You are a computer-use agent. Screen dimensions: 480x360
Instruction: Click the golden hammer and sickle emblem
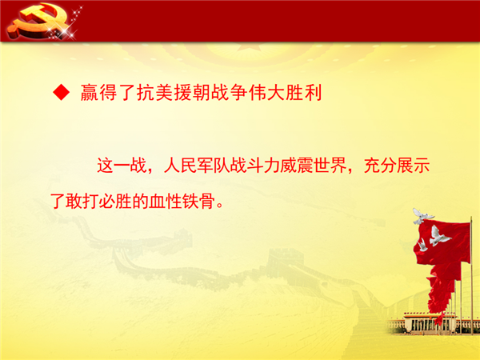pyautogui.click(x=38, y=21)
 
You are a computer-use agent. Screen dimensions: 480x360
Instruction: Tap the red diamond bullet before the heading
pyautogui.click(x=62, y=92)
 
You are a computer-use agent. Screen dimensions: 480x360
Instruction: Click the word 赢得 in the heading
pyautogui.click(x=98, y=92)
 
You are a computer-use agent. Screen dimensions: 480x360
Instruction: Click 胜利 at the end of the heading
pyautogui.click(x=304, y=92)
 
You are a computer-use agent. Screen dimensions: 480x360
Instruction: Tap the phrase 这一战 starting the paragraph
pyautogui.click(x=122, y=166)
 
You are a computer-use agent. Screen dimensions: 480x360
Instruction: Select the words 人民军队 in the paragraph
pyautogui.click(x=197, y=166)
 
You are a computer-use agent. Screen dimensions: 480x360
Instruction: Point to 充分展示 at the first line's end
pyautogui.click(x=397, y=166)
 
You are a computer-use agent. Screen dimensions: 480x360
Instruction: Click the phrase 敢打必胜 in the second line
pyautogui.click(x=99, y=202)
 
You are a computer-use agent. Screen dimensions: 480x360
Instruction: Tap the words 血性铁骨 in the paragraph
pyautogui.click(x=182, y=202)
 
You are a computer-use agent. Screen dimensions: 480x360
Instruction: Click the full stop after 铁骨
pyautogui.click(x=220, y=206)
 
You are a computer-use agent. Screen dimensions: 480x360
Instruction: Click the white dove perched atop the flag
pyautogui.click(x=422, y=216)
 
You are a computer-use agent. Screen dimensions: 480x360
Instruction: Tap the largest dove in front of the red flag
pyautogui.click(x=438, y=236)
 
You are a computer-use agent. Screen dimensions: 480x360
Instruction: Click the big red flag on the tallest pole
pyautogui.click(x=442, y=242)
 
